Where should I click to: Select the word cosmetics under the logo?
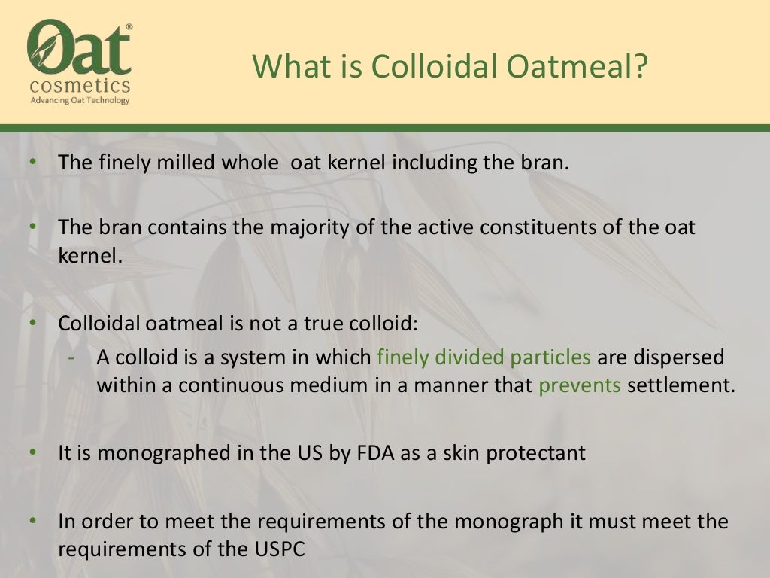(79, 85)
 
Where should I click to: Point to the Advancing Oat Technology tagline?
(79, 100)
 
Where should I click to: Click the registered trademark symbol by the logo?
(129, 27)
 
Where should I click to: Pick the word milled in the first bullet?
(183, 163)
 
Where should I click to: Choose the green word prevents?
(579, 385)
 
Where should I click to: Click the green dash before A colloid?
(71, 357)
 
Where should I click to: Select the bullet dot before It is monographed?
(33, 453)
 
